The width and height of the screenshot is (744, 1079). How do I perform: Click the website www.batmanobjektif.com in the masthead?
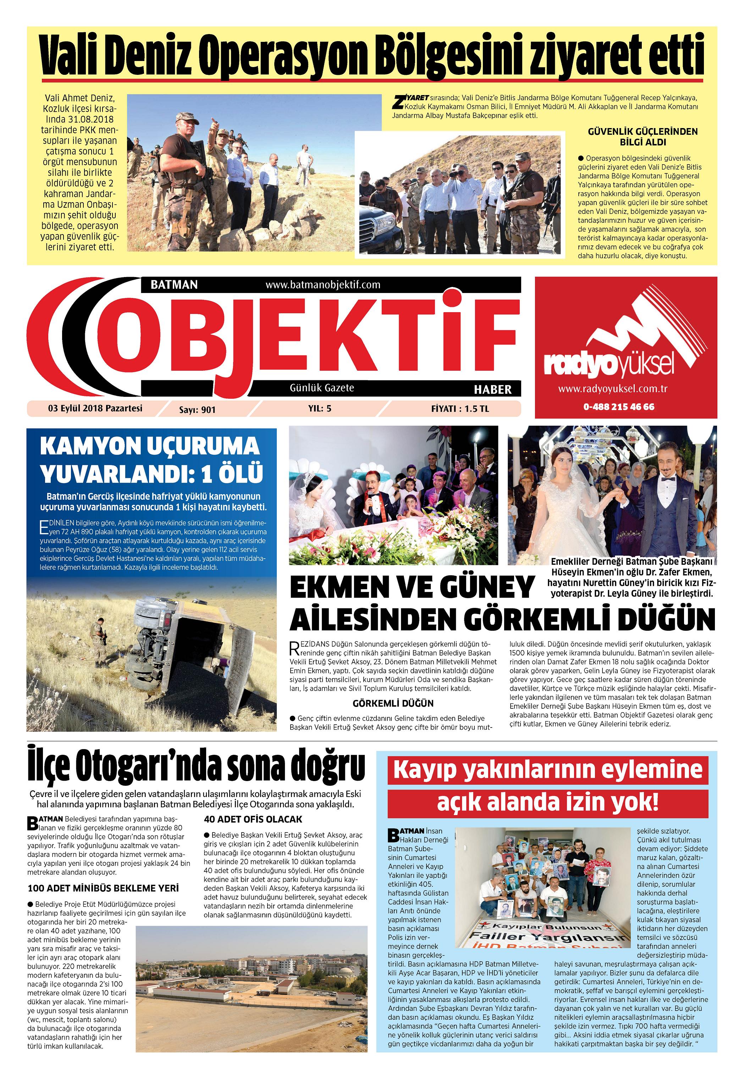coord(323,285)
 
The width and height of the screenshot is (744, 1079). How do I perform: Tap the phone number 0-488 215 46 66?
coord(619,407)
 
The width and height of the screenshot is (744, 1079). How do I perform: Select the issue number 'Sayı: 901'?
coord(198,410)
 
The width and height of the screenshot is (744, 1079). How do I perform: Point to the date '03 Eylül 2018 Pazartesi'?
coord(95,409)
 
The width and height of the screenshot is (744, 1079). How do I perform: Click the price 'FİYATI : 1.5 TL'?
coord(460,409)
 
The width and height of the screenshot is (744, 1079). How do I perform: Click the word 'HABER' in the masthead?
coord(493,390)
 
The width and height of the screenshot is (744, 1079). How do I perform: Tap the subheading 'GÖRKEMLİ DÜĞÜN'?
coord(393,703)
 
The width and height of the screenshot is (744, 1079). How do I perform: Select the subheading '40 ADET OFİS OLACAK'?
coord(253,819)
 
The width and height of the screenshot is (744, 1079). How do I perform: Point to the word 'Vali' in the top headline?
coord(73,57)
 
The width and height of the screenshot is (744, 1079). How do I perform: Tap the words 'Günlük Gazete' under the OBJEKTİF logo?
coord(322,388)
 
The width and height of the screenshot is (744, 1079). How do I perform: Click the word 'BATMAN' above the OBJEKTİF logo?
coord(174,285)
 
